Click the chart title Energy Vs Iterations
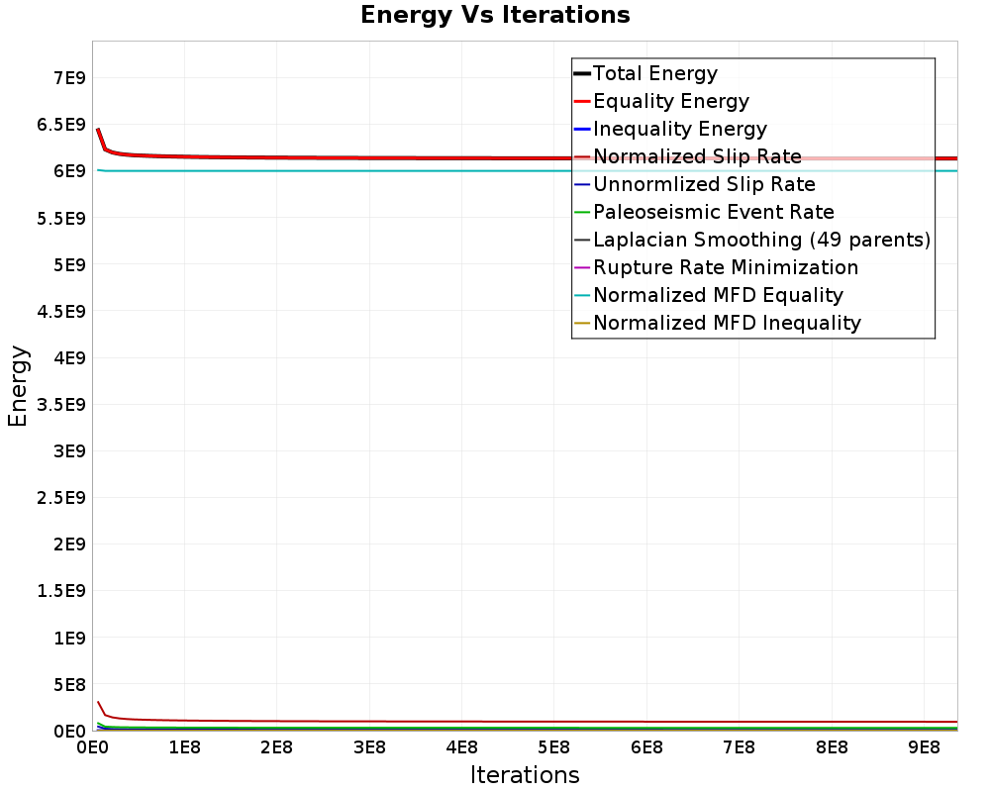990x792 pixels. [x=495, y=16]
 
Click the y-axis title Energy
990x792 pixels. [x=18, y=386]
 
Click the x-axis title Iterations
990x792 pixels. [x=525, y=774]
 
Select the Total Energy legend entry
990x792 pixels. [x=654, y=73]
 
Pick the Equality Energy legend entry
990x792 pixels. [x=670, y=101]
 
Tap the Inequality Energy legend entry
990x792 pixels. [x=679, y=129]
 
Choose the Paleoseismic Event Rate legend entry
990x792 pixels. [x=713, y=212]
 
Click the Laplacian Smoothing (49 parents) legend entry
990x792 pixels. [x=761, y=240]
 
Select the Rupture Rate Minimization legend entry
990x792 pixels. [x=726, y=267]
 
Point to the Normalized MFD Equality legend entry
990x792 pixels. [x=718, y=295]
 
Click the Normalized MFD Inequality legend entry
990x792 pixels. [x=727, y=323]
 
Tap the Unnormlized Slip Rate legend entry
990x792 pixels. [x=704, y=184]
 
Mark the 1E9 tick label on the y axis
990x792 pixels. [x=67, y=638]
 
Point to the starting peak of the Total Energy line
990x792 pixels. [x=97, y=130]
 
